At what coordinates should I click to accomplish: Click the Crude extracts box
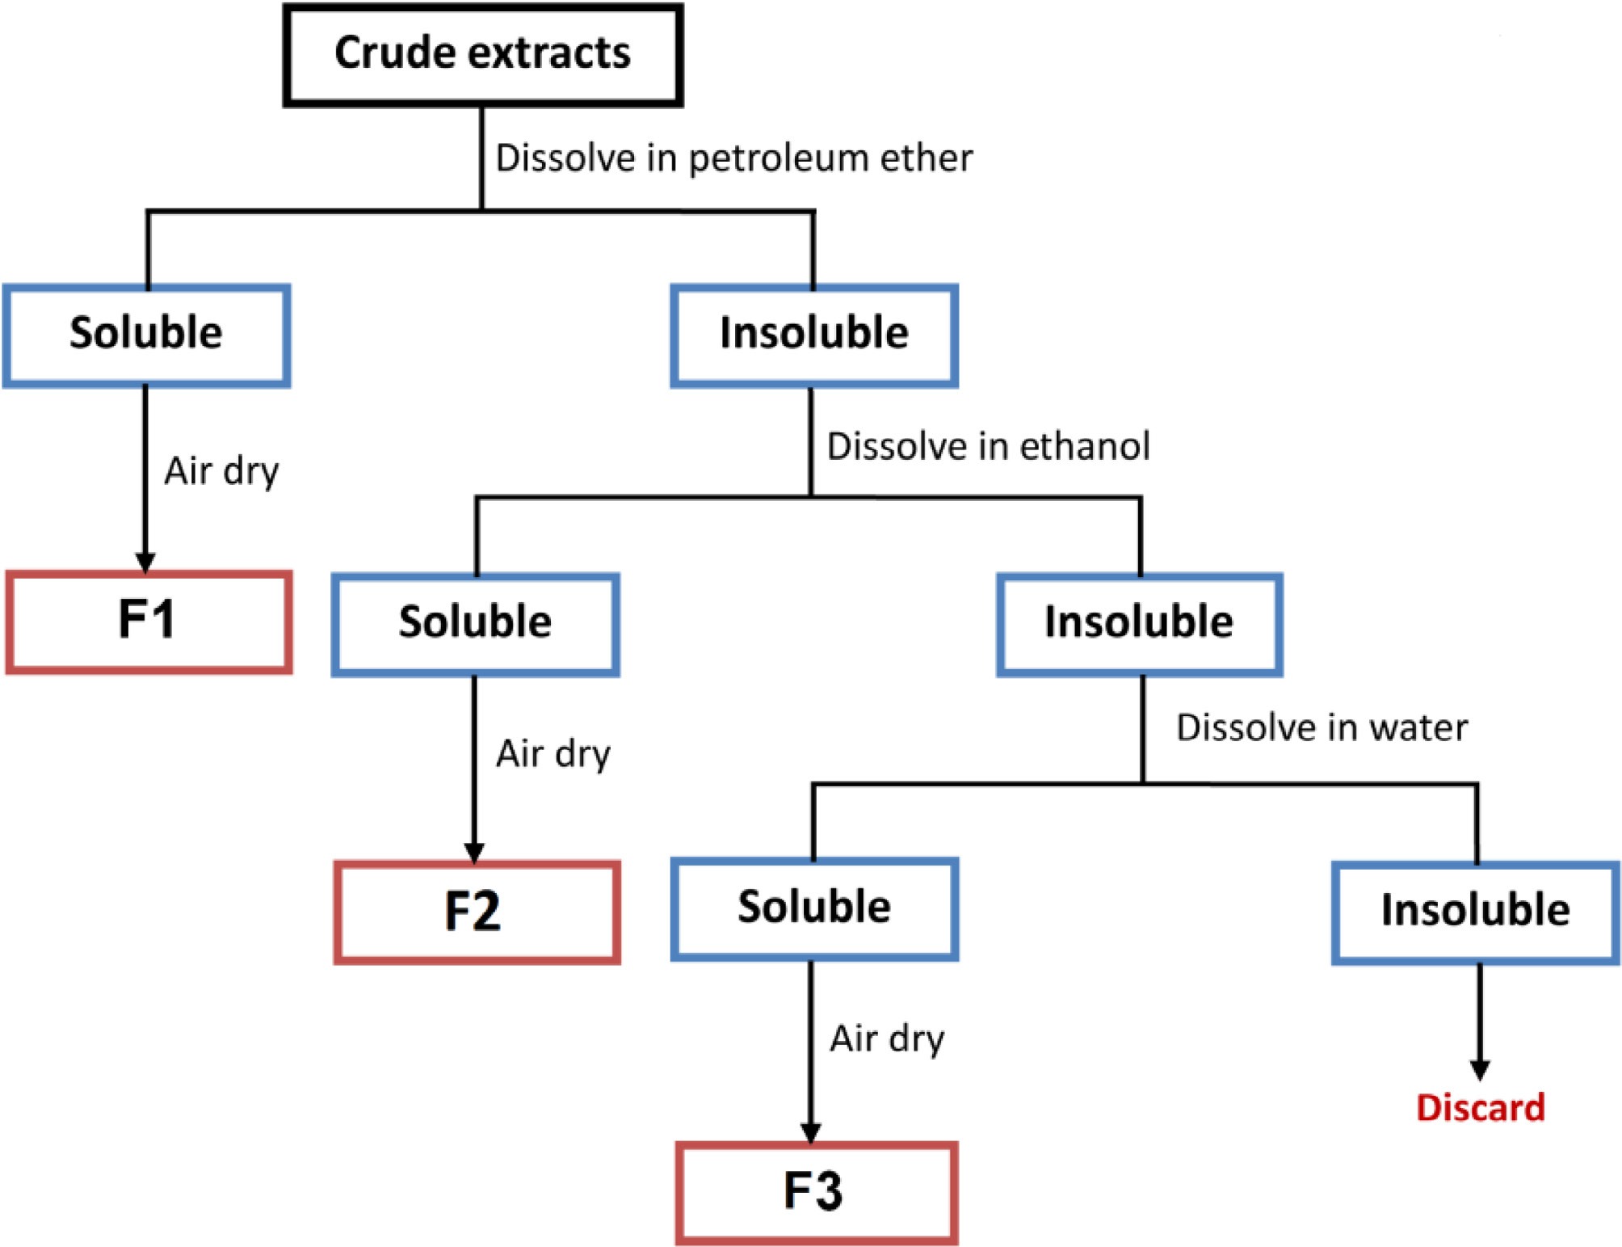[482, 55]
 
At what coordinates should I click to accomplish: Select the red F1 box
[148, 621]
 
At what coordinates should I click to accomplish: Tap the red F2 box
[477, 912]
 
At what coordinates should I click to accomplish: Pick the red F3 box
[816, 1192]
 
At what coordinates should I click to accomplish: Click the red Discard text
[1480, 1107]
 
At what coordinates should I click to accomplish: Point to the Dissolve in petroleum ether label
[733, 158]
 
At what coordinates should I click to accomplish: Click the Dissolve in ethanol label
[988, 446]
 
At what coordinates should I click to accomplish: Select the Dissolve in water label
[1322, 727]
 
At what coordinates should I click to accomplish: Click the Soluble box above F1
[146, 335]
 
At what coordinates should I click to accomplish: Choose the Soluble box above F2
[475, 624]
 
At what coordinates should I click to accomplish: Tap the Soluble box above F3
[814, 908]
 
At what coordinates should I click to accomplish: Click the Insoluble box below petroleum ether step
[814, 335]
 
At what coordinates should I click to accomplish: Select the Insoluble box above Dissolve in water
[1139, 624]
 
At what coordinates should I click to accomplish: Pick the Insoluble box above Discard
[1475, 912]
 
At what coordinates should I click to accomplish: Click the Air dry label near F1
[221, 471]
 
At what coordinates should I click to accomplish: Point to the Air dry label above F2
[553, 754]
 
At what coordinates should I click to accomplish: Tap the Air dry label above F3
[887, 1039]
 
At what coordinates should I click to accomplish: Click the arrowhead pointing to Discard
[1480, 1070]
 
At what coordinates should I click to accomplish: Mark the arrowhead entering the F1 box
[145, 562]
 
